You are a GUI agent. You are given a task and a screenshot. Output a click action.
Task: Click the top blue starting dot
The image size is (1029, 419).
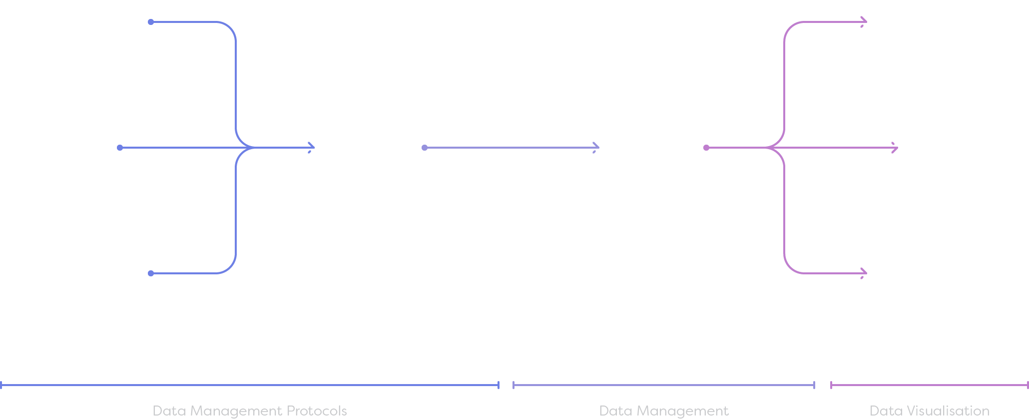coord(151,22)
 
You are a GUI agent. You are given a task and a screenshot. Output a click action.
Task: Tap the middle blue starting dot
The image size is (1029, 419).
coord(120,148)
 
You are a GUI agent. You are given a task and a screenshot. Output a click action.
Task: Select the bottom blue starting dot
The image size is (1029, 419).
coord(151,273)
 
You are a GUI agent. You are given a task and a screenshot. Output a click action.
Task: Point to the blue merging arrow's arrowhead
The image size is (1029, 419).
coord(312,148)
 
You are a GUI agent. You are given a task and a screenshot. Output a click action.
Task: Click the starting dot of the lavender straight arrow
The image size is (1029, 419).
coord(425,148)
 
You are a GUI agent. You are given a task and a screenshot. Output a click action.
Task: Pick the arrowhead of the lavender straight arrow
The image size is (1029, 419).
coord(596,148)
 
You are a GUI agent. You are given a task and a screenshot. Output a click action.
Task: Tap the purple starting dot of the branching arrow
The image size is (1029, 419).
coord(706,148)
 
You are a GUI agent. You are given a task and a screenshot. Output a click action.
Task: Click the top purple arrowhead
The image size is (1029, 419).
coord(864,22)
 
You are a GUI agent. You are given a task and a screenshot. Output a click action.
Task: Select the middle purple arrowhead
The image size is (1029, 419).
coord(895,148)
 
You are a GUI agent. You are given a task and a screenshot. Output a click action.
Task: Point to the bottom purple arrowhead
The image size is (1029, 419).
coord(864,273)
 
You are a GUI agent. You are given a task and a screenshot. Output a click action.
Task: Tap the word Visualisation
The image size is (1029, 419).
coord(948,411)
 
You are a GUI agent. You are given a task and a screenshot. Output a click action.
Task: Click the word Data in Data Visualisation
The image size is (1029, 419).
coord(886,411)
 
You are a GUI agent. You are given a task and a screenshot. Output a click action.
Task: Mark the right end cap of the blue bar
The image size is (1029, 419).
coord(499,385)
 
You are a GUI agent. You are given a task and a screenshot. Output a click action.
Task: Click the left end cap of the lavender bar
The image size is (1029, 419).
coord(514,385)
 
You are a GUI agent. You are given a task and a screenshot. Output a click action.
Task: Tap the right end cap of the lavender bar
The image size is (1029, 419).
coord(814,385)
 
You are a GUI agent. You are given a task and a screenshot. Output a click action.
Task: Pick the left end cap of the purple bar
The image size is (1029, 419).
coord(831,385)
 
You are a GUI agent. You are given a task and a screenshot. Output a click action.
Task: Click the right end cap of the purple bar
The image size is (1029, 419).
coord(1028,385)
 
